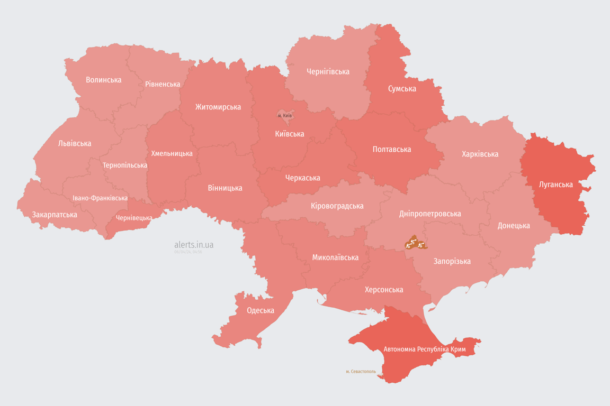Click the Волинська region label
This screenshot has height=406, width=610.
[x=104, y=80]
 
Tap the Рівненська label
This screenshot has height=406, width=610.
[x=163, y=84]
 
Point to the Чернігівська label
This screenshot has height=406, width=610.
[x=328, y=71]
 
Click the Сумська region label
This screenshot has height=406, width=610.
[x=402, y=89]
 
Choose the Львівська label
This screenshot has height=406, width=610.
[x=75, y=143]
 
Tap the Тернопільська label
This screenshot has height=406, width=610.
[x=125, y=165]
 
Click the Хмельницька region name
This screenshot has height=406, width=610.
[x=172, y=153]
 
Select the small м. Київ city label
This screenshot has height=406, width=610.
[x=285, y=115]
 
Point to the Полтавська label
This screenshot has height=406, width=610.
[x=392, y=149]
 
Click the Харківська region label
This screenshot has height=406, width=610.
[x=480, y=154]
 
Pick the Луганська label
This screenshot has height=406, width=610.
[x=556, y=184]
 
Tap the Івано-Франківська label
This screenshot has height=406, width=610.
[x=100, y=198]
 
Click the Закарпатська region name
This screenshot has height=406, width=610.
[x=55, y=215]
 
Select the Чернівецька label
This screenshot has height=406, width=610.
[x=134, y=218]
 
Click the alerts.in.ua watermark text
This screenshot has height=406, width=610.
[x=194, y=245]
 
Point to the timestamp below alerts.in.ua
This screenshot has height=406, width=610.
[x=188, y=252]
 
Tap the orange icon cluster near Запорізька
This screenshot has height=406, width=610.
[x=415, y=243]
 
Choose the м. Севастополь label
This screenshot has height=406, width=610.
[x=361, y=372]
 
